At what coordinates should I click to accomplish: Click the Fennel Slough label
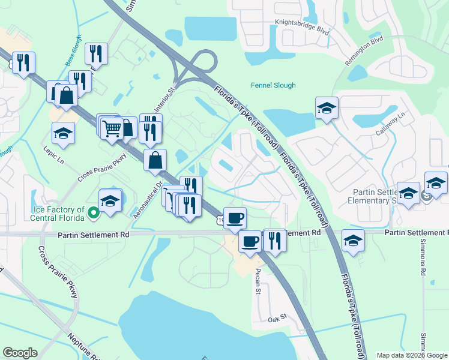(x=273, y=85)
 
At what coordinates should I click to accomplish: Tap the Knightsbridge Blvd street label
(x=302, y=26)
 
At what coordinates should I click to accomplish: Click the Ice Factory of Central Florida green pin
(x=93, y=212)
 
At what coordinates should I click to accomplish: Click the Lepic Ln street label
(x=53, y=158)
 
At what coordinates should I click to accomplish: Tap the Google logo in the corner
(x=20, y=353)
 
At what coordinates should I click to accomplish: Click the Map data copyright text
(x=412, y=355)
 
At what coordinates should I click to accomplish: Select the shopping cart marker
(x=112, y=128)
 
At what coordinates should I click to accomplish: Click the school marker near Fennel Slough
(x=327, y=108)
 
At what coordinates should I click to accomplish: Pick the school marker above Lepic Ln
(x=63, y=133)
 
